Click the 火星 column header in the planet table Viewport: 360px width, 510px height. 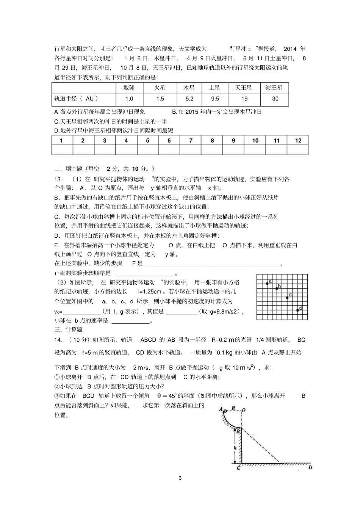click(160, 88)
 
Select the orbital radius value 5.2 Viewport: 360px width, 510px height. click(189, 99)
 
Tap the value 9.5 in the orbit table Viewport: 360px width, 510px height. click(215, 99)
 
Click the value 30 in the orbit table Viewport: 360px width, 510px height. click(275, 99)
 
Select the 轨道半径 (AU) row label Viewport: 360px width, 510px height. click(76, 99)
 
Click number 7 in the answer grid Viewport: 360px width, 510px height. click(191, 140)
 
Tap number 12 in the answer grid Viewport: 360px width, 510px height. click(298, 140)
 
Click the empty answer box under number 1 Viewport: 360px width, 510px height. click(62, 150)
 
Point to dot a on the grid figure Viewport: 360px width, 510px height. click(267, 284)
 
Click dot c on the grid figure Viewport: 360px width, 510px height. click(287, 297)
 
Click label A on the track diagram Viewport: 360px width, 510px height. click(221, 409)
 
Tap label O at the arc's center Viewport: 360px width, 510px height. click(243, 410)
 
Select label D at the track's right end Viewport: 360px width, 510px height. click(310, 468)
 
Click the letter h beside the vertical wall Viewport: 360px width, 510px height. click(235, 447)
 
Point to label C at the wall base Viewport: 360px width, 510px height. click(238, 468)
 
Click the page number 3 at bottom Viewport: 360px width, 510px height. click(180, 477)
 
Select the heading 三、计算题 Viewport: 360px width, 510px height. click(68, 330)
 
